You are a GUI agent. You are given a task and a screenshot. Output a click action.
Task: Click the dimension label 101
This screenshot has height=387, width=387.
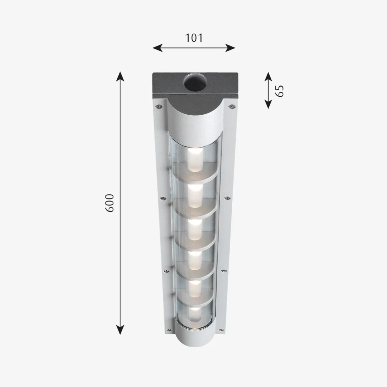click(194, 38)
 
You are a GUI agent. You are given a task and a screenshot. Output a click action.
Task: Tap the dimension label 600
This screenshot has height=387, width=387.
click(110, 203)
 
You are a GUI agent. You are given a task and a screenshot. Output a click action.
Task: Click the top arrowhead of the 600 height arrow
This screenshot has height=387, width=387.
click(120, 75)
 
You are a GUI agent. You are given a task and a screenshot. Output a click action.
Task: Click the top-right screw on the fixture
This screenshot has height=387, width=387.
click(230, 106)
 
